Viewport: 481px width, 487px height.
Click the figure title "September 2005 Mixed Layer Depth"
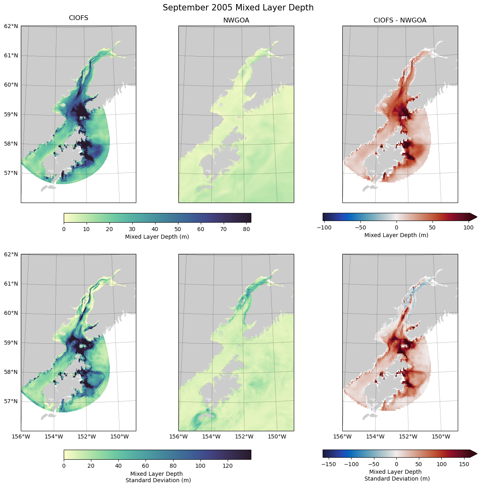point(238,8)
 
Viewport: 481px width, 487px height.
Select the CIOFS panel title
point(79,18)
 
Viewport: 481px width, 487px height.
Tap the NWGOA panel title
point(236,20)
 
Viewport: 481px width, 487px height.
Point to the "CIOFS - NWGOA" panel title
point(400,20)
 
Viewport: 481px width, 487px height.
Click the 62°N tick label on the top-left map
point(11,26)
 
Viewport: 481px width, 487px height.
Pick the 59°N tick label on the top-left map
point(11,114)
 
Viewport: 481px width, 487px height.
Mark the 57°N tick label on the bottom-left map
point(11,401)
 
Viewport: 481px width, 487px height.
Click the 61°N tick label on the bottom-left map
point(11,284)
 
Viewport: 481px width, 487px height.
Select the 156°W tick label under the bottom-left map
point(21,436)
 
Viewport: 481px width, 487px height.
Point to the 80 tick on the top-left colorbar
point(246,229)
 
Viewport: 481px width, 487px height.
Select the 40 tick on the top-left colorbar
point(155,229)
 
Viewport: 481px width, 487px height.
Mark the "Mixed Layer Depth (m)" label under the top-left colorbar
point(157,237)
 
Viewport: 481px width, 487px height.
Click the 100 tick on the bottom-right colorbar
point(441,464)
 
